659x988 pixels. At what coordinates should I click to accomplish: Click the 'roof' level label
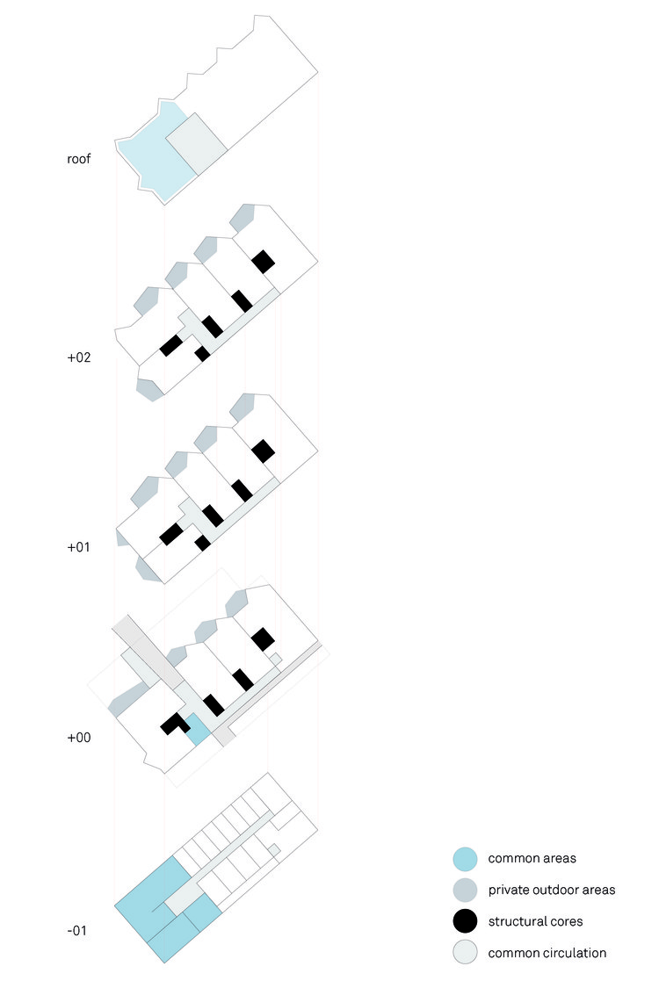pos(79,159)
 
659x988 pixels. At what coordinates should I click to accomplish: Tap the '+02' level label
pos(79,357)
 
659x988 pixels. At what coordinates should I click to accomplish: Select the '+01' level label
pos(79,547)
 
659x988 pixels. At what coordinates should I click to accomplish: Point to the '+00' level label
pos(79,737)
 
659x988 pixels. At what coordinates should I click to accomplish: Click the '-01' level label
pos(77,930)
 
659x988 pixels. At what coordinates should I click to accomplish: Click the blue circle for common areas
pos(465,859)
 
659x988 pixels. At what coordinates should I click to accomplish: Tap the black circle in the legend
pos(465,921)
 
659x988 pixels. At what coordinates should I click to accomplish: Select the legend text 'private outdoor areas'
pos(551,890)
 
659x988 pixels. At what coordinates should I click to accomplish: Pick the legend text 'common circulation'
pos(547,953)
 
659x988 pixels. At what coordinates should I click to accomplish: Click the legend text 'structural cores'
pos(535,921)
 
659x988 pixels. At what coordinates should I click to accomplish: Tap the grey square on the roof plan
pos(198,144)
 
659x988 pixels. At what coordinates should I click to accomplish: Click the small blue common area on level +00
pos(198,730)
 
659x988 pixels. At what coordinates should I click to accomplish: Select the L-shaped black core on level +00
pos(172,724)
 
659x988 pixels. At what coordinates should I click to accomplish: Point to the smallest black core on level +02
pos(202,354)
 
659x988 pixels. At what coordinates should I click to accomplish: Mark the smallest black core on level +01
pos(202,543)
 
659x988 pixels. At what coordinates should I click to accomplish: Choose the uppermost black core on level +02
pos(263,262)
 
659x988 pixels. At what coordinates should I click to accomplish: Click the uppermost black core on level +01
pos(263,451)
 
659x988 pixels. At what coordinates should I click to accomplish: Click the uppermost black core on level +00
pos(263,639)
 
